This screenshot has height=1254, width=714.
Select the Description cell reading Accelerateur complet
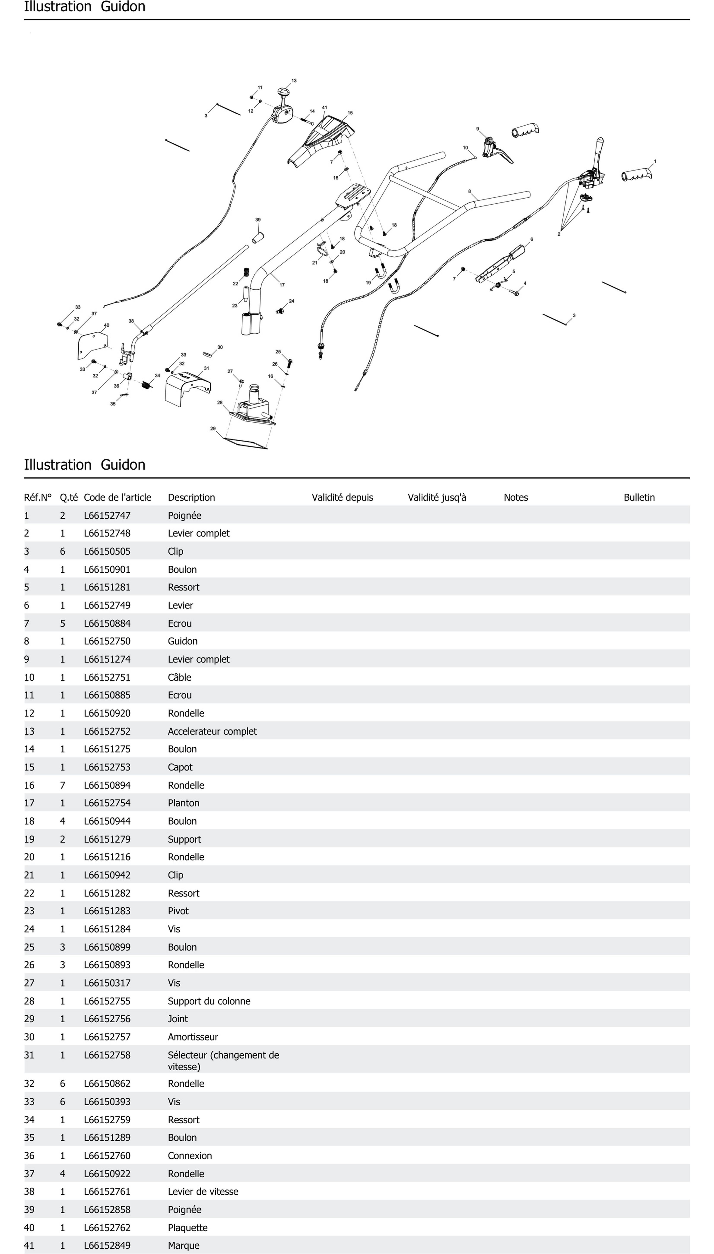click(212, 731)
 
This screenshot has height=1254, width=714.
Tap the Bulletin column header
click(639, 497)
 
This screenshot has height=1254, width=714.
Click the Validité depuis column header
click(342, 497)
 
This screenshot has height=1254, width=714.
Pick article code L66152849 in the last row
click(107, 1245)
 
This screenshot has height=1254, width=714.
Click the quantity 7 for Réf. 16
click(62, 785)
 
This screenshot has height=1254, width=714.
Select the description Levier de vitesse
click(203, 1191)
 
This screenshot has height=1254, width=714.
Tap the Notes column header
click(516, 497)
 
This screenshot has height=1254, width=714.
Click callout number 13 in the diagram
click(294, 80)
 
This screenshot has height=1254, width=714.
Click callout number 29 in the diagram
click(213, 428)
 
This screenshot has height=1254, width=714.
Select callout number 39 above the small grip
click(258, 220)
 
